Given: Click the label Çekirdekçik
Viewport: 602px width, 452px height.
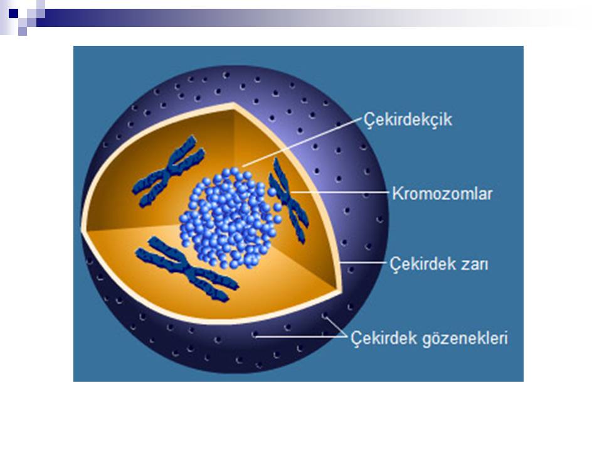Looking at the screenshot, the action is click(x=408, y=119).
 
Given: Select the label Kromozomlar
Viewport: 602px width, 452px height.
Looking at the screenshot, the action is click(x=442, y=193).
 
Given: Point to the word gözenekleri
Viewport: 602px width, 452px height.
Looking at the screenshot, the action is click(x=465, y=338).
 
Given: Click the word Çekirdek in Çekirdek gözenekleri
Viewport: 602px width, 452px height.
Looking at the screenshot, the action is click(x=384, y=338).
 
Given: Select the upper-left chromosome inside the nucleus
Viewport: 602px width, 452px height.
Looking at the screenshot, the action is click(x=168, y=171).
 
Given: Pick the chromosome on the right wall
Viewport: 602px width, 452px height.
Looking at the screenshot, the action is click(x=288, y=201).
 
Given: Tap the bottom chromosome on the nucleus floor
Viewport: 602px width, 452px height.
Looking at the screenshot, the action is click(x=187, y=269).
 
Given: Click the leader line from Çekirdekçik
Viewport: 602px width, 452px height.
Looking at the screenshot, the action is click(x=302, y=143).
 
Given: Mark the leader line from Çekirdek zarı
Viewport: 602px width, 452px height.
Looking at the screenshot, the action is click(x=363, y=263).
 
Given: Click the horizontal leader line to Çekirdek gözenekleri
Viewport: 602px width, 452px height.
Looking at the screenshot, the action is click(x=300, y=337).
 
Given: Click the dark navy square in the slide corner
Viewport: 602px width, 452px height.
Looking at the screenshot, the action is click(x=13, y=13).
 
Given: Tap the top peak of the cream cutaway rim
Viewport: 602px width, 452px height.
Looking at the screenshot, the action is click(x=233, y=104).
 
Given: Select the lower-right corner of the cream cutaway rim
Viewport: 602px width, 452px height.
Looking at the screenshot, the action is click(x=340, y=291).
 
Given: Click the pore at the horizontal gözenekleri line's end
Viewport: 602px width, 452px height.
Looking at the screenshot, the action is click(x=255, y=335).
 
